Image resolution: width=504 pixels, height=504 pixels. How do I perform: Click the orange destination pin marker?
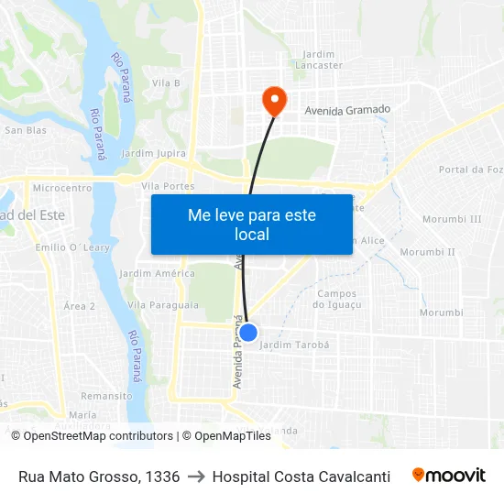coord(273,99)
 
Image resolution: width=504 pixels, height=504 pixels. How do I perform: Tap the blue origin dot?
coord(247,332)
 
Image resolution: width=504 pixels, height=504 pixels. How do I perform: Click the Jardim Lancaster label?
coord(319,60)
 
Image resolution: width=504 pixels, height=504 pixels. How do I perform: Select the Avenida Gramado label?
coord(347,110)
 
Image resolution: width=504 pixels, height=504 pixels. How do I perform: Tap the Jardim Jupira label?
coord(153,153)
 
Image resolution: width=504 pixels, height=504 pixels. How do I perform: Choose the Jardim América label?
coord(157,273)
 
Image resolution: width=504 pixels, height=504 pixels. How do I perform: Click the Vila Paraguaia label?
coord(163,304)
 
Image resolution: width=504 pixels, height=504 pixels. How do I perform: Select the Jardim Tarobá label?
coord(294,345)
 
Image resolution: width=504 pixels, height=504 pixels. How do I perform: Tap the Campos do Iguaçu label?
coord(337,299)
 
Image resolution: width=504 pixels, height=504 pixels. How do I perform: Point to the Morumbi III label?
coord(452,219)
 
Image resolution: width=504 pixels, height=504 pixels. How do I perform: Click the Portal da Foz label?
coord(470,170)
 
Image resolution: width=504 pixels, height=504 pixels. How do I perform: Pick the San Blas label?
coord(26,130)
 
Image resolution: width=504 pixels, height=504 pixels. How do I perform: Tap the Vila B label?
coord(166,83)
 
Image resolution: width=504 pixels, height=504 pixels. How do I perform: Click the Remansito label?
coord(106,396)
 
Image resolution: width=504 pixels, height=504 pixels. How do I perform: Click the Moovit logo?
coord(448,476)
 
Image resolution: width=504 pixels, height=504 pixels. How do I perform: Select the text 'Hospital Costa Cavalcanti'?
coord(301,477)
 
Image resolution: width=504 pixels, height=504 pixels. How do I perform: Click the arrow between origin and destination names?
coord(196,477)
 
